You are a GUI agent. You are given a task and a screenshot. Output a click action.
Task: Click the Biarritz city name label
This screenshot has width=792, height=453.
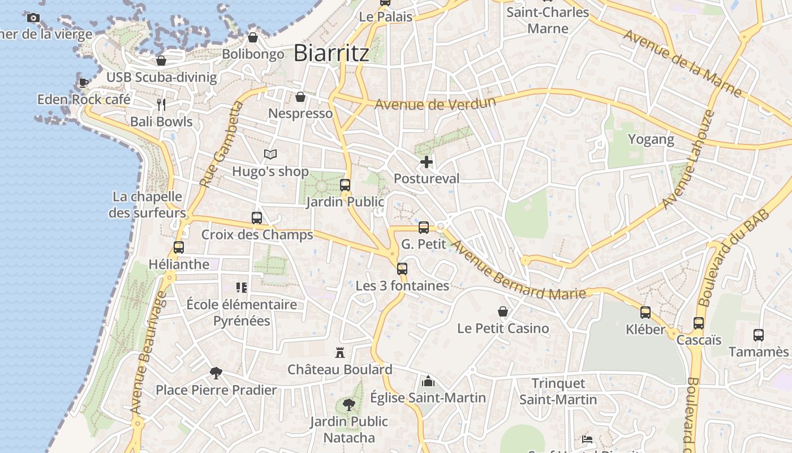[332, 53]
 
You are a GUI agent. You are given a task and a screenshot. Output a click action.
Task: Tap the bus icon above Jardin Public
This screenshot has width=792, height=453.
[345, 185]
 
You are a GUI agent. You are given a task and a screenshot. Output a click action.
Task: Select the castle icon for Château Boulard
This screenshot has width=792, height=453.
[340, 353]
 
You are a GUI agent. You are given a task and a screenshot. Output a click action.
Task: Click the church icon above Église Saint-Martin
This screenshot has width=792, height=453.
[428, 381]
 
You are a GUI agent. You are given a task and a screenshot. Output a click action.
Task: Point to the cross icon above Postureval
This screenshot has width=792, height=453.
[427, 163]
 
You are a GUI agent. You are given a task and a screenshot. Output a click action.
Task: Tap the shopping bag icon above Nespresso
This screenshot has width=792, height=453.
[300, 97]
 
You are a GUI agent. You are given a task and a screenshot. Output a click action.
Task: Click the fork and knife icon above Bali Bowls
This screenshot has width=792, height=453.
[161, 104]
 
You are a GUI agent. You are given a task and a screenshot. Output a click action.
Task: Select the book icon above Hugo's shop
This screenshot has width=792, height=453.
[270, 154]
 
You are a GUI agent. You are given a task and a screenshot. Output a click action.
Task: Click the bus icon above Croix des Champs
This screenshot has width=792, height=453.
[257, 218]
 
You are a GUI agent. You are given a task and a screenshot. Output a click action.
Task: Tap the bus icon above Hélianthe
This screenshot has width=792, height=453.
[179, 247]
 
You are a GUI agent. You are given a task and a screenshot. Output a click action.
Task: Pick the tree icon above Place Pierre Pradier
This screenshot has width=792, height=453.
[216, 373]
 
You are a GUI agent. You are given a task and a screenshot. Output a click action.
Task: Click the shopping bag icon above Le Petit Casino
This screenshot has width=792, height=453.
[502, 311]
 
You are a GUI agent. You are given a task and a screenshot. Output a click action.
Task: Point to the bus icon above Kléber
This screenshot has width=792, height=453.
[645, 313]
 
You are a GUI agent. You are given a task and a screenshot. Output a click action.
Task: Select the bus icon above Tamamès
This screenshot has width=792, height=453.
[759, 335]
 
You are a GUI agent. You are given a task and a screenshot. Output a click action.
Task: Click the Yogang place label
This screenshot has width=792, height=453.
[651, 139]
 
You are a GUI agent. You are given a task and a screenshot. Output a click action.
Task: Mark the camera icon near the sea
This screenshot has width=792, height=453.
[33, 18]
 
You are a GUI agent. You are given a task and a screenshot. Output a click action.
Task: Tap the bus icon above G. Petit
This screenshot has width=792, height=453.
[424, 228]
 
